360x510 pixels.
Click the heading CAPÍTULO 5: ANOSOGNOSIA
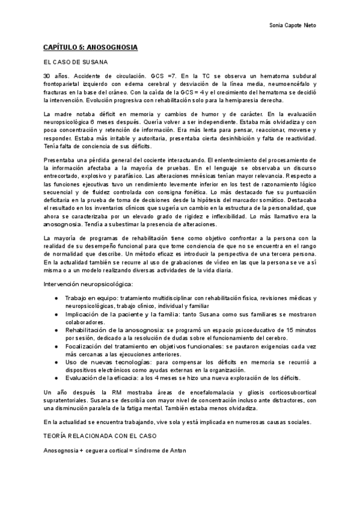tap(90, 46)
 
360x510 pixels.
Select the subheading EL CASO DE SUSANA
tap(75, 62)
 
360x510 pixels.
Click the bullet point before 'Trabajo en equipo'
tap(56, 298)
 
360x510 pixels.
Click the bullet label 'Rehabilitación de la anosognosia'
tap(115, 330)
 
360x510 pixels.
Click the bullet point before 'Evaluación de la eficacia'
tap(56, 378)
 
